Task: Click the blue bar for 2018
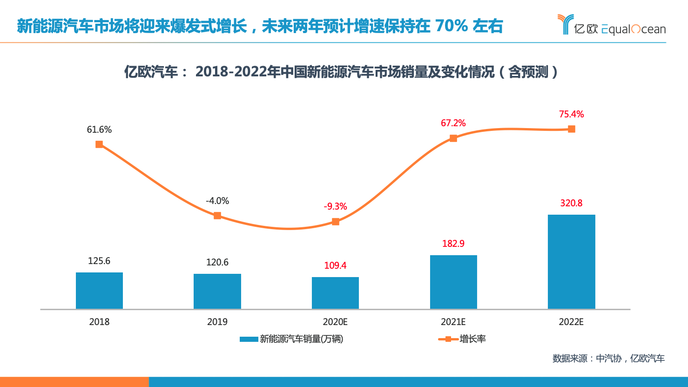click(99, 291)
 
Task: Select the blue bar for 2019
click(217, 292)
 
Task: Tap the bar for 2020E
click(335, 293)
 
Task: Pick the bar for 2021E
click(453, 282)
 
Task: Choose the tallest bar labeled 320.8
click(571, 262)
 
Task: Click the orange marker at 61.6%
click(99, 144)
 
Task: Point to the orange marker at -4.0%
click(217, 216)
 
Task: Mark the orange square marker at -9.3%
click(336, 222)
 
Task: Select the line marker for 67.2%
click(453, 138)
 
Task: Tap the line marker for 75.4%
click(572, 129)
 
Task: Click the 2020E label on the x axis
click(335, 322)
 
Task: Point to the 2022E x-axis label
click(571, 322)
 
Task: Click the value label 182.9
click(453, 244)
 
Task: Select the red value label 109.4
click(335, 265)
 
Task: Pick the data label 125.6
click(99, 261)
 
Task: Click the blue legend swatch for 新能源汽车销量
click(249, 339)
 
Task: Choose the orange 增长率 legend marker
click(448, 339)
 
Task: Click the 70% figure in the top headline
click(451, 26)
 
